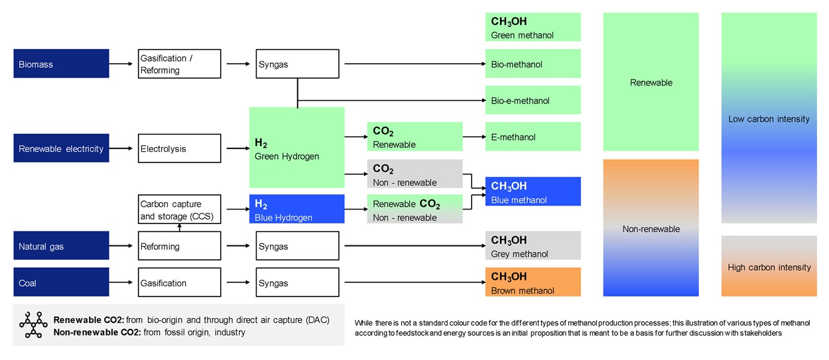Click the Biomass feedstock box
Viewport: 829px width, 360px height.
61,64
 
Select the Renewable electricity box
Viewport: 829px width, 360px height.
61,149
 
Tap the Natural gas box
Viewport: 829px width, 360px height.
61,246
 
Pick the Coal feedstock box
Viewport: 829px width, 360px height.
61,282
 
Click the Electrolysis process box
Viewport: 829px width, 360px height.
179,149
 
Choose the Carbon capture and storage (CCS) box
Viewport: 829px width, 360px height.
179,210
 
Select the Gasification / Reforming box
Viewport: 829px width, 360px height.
179,64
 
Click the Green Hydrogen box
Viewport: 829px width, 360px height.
296,148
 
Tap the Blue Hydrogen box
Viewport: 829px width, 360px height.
296,210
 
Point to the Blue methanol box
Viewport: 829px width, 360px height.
533,192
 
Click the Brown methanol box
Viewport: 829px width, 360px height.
533,282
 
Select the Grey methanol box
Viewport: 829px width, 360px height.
533,246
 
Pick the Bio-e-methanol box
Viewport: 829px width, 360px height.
533,100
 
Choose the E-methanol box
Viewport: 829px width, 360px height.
533,137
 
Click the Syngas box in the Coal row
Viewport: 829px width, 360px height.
297,282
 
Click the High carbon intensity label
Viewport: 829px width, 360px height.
769,267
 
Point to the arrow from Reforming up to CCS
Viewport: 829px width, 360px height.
179,227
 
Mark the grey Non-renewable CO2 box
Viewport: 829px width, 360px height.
414,173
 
